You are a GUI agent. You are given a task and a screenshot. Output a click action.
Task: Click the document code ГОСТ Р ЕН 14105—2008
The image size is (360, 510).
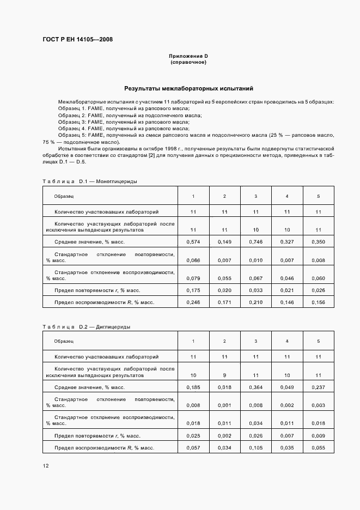78,39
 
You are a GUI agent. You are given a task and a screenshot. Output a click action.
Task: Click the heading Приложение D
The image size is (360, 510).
188,56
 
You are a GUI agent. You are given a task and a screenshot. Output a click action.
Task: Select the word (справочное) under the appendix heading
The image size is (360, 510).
188,62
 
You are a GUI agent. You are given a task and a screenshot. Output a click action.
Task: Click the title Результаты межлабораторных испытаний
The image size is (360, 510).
188,88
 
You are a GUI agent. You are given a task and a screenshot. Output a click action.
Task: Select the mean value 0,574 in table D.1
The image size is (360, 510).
193,241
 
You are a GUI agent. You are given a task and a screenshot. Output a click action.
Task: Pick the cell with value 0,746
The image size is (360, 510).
256,241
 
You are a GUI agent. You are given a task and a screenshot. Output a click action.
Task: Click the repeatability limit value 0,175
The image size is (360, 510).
193,290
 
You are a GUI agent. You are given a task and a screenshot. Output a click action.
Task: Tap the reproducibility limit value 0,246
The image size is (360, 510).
193,302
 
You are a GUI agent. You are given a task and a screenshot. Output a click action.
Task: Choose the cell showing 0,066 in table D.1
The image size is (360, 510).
193,260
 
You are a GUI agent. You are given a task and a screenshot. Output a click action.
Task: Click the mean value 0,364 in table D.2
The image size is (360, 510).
256,387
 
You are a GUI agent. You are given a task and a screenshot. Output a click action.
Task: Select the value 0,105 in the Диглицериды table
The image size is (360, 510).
256,448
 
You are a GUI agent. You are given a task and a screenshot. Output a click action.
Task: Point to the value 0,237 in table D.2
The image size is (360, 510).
319,387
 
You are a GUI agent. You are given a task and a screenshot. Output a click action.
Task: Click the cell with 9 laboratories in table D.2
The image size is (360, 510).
225,375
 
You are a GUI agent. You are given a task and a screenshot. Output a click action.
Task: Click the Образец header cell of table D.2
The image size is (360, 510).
64,341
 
